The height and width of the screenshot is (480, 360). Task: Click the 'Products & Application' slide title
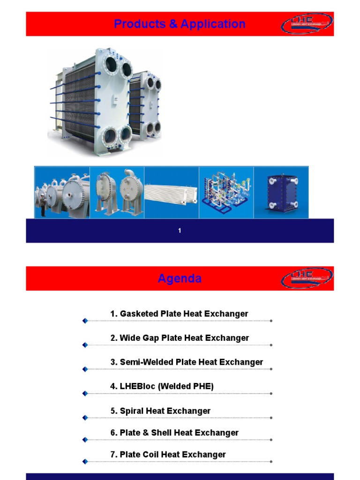pos(180,24)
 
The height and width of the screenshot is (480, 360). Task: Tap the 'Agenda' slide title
pos(180,278)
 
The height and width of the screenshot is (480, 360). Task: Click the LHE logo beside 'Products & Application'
pos(307,23)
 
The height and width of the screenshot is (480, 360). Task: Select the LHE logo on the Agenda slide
pos(307,278)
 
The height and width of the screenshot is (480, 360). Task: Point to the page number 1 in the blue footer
pos(180,231)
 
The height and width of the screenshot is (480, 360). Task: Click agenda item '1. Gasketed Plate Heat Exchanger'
pos(179,314)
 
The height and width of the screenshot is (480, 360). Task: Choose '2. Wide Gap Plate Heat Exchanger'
pos(180,338)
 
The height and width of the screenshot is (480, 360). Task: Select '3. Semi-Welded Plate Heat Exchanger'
pos(187,362)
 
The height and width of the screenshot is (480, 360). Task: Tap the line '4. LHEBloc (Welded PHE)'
pos(162,386)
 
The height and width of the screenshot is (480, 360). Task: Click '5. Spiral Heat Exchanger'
pos(160,411)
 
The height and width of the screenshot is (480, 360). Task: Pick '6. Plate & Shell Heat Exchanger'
pos(174,433)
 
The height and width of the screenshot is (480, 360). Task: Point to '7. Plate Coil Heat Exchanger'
pos(168,454)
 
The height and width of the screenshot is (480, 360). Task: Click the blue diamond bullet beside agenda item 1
pos(85,321)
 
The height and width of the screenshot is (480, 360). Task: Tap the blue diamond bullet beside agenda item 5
pos(85,418)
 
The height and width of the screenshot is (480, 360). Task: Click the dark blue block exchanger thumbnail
pos(281,192)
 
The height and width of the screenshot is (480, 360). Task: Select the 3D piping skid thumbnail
pos(226,192)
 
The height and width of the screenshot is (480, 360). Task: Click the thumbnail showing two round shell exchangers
pos(117,192)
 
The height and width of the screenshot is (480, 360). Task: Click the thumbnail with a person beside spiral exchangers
pos(62,192)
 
